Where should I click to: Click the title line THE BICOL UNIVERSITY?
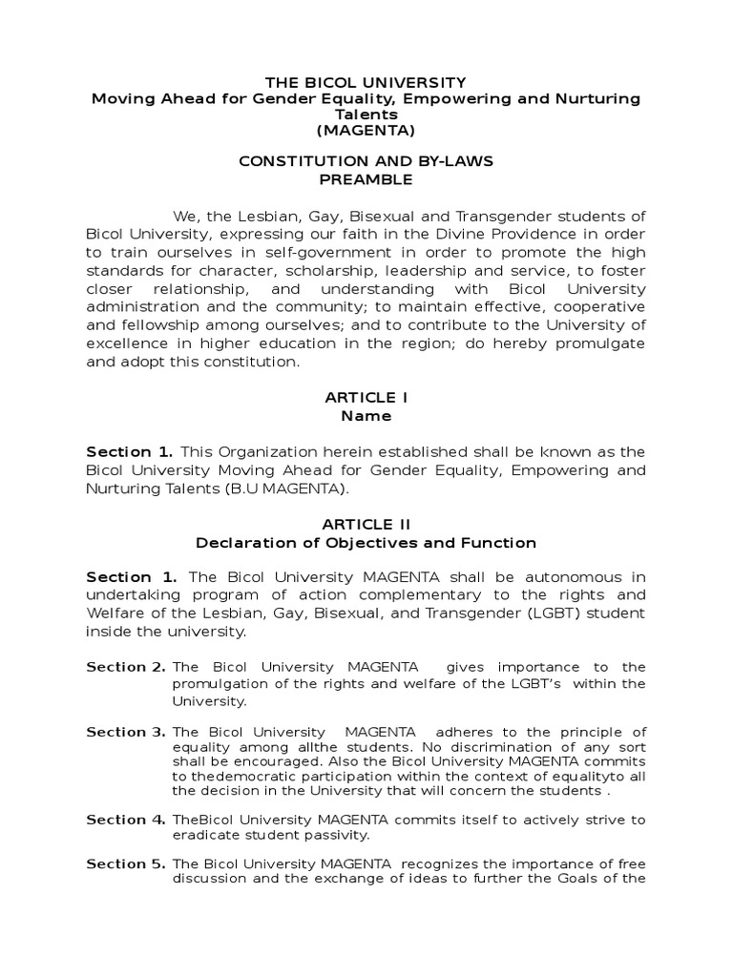click(366, 82)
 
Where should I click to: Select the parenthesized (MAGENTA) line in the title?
click(366, 131)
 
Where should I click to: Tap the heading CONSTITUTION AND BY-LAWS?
click(366, 161)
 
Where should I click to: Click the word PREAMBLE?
click(366, 178)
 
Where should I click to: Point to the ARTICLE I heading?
click(366, 398)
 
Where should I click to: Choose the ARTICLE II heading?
click(366, 524)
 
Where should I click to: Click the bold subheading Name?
click(366, 416)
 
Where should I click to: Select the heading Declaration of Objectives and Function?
click(366, 543)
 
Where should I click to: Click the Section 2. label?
click(126, 667)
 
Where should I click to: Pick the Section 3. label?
click(126, 732)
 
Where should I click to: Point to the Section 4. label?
click(126, 820)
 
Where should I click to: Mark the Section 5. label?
click(126, 863)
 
